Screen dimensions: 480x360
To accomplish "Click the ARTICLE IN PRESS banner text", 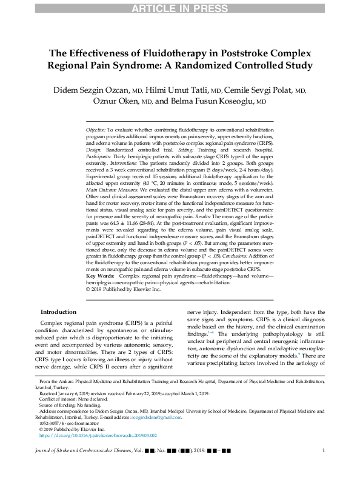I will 180,7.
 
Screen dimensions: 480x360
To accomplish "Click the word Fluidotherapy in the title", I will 163,53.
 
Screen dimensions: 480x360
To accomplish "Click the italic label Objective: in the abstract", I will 96,130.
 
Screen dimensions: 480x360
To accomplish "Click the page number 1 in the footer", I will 324,467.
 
